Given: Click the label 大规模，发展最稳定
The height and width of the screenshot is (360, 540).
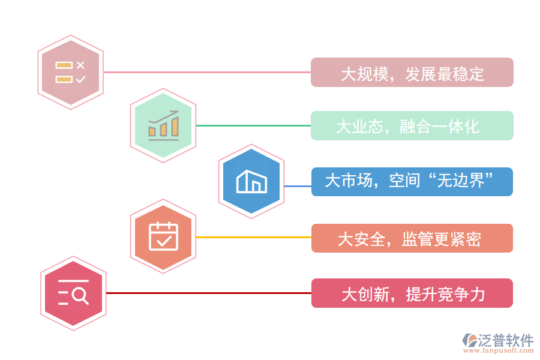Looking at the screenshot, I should coord(412,73).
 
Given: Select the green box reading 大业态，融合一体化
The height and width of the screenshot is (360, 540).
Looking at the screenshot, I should coord(412,126).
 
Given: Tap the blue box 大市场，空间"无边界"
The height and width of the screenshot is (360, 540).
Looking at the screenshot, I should coord(412,182).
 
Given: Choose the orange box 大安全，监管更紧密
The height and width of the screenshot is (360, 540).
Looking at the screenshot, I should coord(412,238).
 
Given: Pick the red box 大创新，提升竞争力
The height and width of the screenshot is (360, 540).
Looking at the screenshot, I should coord(412,293).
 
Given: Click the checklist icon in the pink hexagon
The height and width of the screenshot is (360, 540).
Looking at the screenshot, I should coord(71,72).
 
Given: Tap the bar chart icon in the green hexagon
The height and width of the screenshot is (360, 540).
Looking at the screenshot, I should coord(163,125).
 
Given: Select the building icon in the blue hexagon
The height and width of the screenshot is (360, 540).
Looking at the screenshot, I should coord(251,181).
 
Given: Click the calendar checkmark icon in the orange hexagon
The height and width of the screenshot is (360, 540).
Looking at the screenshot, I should coord(163,236).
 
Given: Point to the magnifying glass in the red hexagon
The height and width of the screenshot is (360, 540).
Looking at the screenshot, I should coord(80,295).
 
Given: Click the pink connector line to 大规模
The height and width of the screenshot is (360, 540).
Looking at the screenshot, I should coord(207,73).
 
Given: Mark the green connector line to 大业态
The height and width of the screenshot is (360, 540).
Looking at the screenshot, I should coord(253,126).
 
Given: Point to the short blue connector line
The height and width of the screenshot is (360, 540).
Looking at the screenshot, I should coord(298,186).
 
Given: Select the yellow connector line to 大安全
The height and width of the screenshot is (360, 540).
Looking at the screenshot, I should coord(253,238).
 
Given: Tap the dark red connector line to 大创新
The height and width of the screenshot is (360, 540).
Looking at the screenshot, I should coord(208,293).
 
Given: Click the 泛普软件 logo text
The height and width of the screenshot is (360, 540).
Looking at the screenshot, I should coord(506,341).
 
